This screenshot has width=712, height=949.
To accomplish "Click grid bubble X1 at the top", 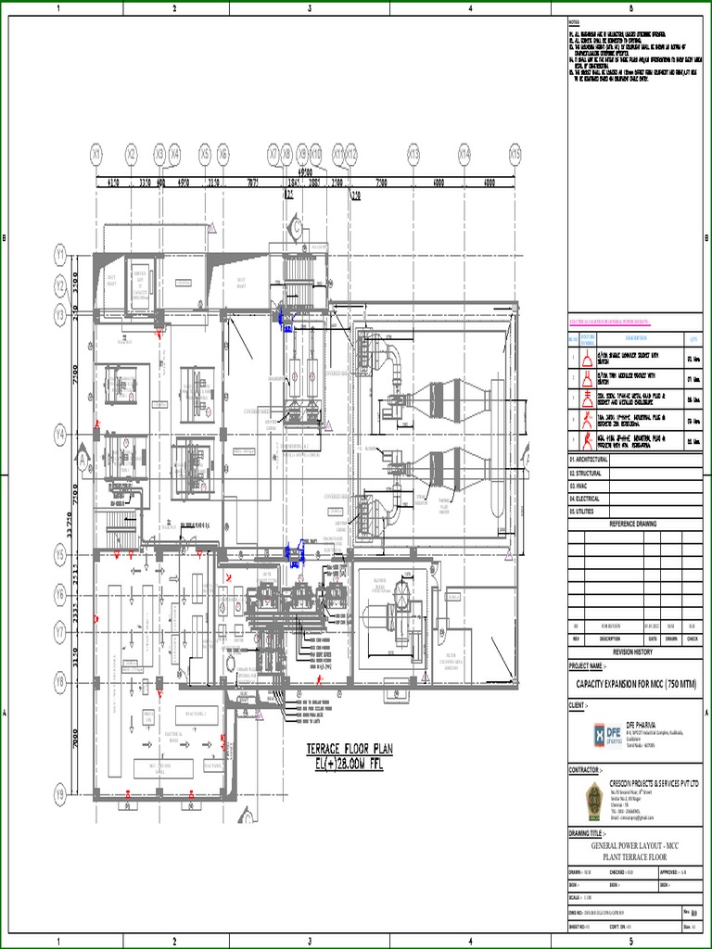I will (97, 152).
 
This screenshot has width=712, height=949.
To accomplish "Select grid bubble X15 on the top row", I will (515, 152).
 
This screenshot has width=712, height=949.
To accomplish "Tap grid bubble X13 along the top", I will (413, 152).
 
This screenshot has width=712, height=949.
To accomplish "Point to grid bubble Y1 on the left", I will (60, 252).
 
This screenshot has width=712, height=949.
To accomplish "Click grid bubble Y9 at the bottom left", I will (60, 794).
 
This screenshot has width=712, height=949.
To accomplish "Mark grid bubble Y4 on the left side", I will (60, 433).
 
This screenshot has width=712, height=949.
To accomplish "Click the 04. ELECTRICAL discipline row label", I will (585, 499).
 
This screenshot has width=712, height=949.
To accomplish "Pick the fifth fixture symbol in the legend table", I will (587, 441).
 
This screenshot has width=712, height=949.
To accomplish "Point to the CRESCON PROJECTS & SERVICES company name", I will (655, 783).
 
